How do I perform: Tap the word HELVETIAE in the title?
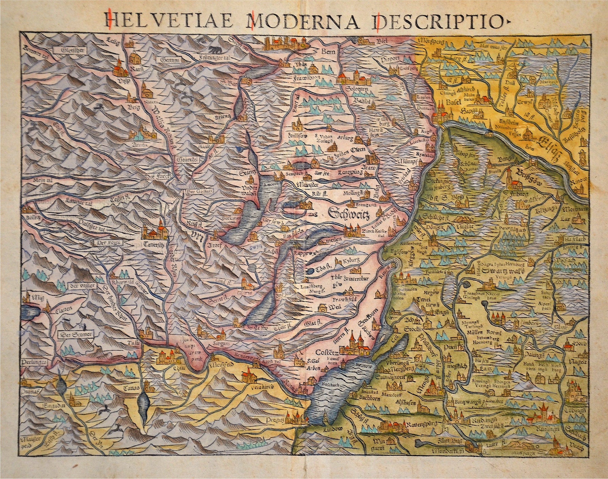pos(169,20)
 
